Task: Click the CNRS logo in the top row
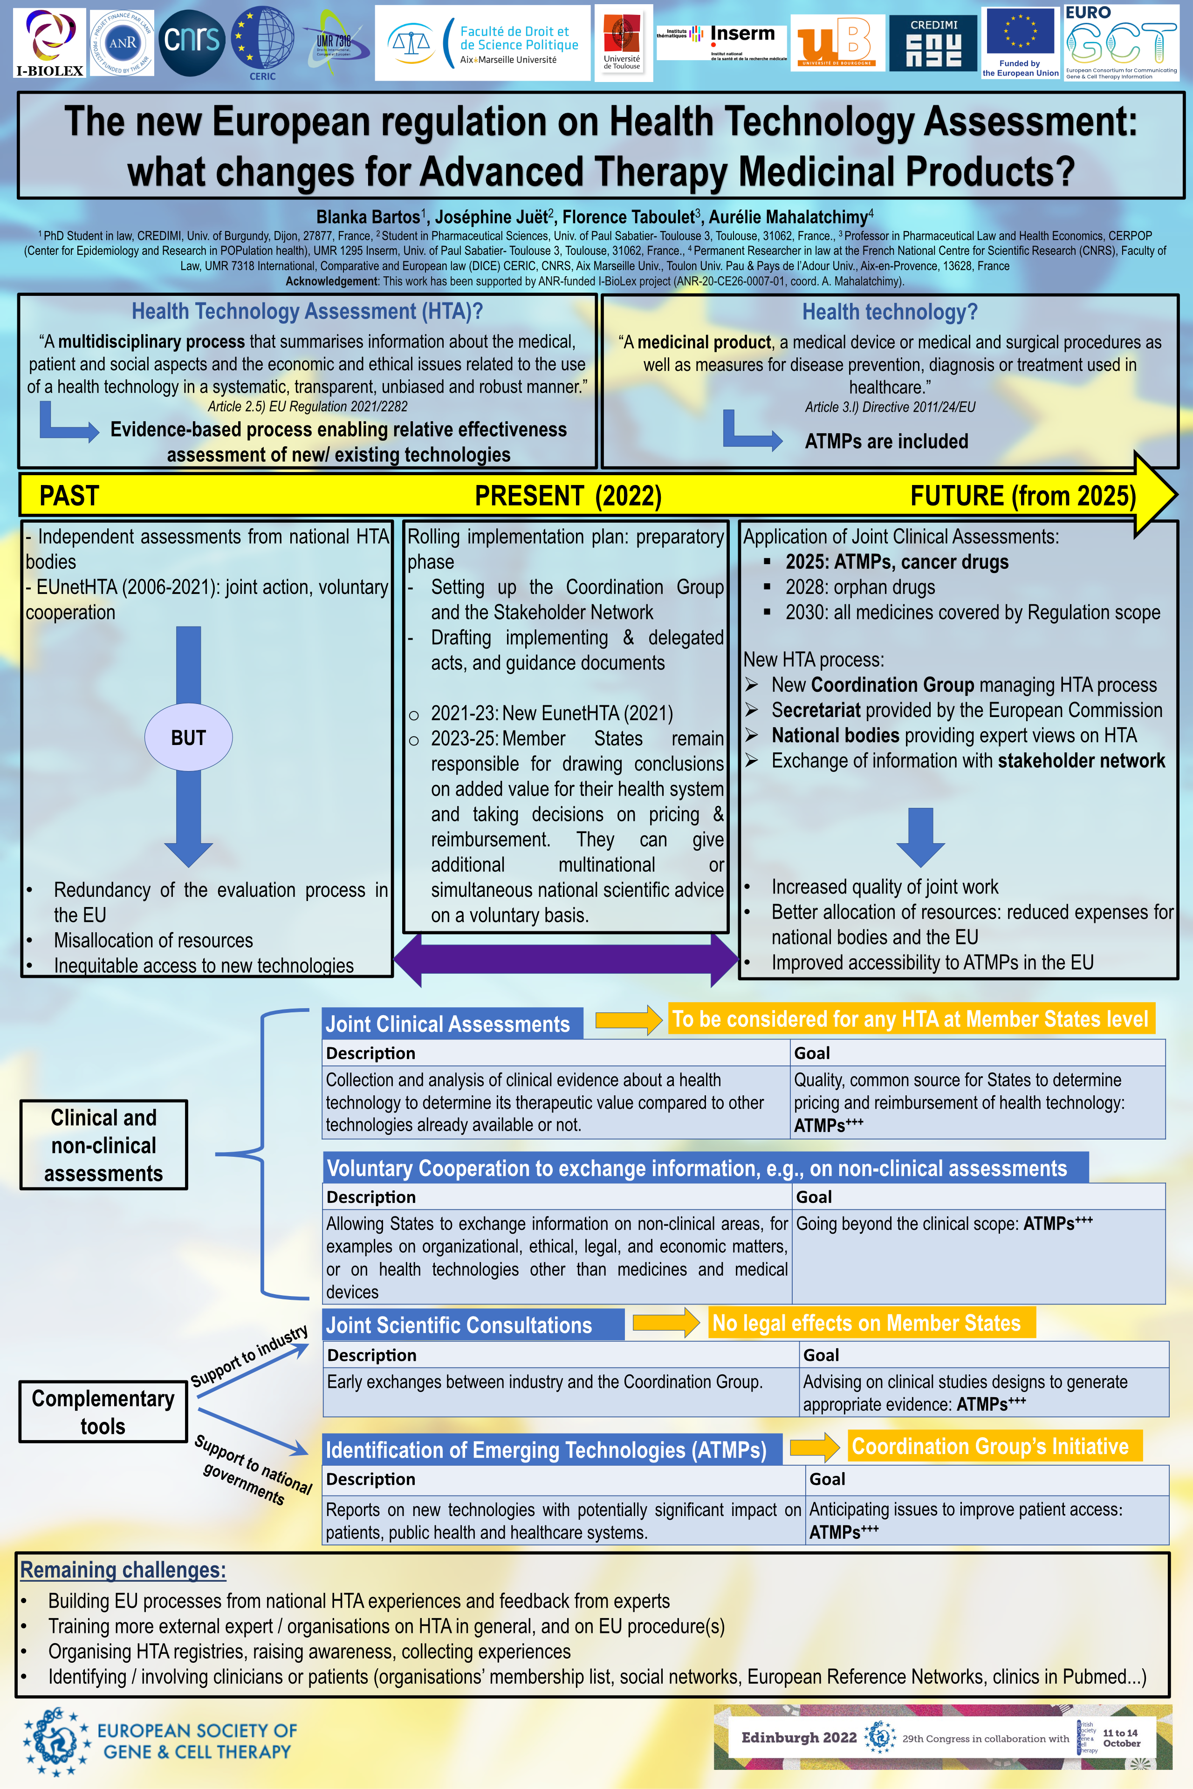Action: (x=192, y=42)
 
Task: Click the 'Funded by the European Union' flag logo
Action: (x=1020, y=42)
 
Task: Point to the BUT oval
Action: (x=189, y=737)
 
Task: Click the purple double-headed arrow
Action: (x=566, y=960)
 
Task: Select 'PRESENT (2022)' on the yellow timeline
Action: (x=568, y=496)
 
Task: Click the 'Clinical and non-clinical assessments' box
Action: (x=103, y=1145)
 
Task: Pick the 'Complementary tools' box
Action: (x=103, y=1412)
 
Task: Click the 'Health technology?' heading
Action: (x=890, y=312)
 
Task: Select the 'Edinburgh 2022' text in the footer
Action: (x=798, y=1737)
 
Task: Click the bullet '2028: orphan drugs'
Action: (x=860, y=587)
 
